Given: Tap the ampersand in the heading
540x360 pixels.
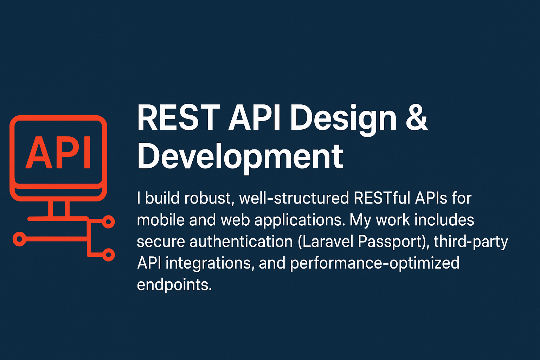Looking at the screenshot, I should click(x=417, y=118).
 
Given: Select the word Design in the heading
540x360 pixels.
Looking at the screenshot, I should click(x=343, y=120).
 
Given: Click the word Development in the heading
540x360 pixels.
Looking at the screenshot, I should click(x=240, y=156).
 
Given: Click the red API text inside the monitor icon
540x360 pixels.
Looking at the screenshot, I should click(x=58, y=153).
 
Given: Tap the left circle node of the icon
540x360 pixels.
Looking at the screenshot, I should click(x=20, y=239).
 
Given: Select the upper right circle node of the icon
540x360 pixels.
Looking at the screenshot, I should click(x=108, y=222).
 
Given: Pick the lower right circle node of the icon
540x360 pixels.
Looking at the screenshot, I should click(x=108, y=254).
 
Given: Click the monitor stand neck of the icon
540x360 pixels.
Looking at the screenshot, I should click(x=59, y=209).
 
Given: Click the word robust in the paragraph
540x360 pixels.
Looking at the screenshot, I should click(x=209, y=198).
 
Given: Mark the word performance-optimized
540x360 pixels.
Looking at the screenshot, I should click(x=375, y=263).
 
